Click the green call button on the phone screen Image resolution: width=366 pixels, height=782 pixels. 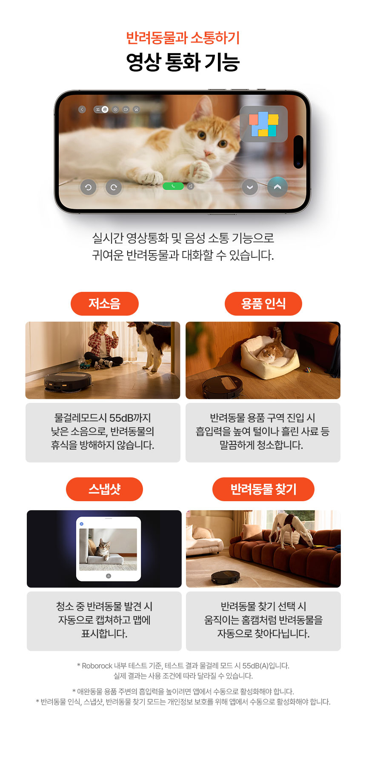point(173,186)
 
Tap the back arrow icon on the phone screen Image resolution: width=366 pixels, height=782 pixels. point(82,109)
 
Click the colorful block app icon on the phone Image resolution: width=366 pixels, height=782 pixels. point(264,124)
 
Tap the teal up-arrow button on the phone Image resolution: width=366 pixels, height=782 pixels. point(277,187)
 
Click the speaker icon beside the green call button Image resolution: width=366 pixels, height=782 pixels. point(191,186)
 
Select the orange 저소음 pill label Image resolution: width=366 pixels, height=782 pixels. point(105,304)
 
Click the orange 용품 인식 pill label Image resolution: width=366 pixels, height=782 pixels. point(263,304)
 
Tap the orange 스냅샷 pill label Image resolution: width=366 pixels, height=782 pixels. point(104,489)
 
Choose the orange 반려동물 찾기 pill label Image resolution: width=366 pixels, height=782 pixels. point(263,489)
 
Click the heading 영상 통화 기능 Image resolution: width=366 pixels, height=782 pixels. point(183,62)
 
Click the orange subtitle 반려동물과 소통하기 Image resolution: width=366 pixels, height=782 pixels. point(183,38)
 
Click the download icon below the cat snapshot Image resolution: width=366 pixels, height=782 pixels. point(109,576)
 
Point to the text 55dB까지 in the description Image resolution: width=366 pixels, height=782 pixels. point(130,418)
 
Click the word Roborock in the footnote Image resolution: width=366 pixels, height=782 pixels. point(97,666)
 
